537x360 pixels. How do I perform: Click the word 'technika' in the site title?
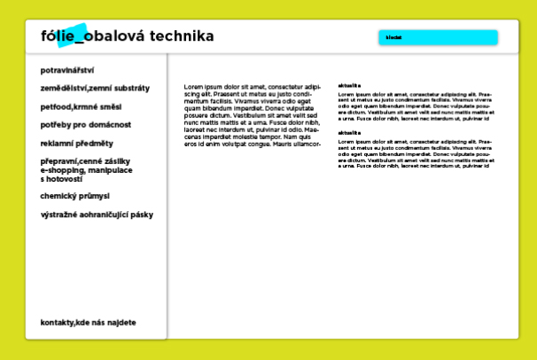[x=182, y=36]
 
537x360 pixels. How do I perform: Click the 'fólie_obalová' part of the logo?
[x=87, y=36]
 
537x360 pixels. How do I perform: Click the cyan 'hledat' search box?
[x=439, y=37]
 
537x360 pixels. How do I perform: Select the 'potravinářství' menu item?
[x=67, y=70]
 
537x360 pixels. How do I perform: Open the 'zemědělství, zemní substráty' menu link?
[x=95, y=89]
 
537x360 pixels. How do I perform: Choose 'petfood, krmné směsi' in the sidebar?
[x=75, y=106]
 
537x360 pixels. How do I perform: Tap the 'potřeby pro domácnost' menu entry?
[x=85, y=125]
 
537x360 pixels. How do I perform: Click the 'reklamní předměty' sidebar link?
[x=77, y=143]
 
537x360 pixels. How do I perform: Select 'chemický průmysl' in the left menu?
[x=74, y=196]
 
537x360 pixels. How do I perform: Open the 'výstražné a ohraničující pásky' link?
[x=97, y=215]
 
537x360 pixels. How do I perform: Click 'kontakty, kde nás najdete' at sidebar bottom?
[x=88, y=323]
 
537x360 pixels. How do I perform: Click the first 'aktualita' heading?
[x=349, y=85]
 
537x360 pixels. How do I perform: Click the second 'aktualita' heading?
[x=349, y=132]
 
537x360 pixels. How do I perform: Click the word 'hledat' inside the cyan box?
[x=393, y=38]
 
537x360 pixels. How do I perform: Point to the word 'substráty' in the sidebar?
[x=131, y=89]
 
